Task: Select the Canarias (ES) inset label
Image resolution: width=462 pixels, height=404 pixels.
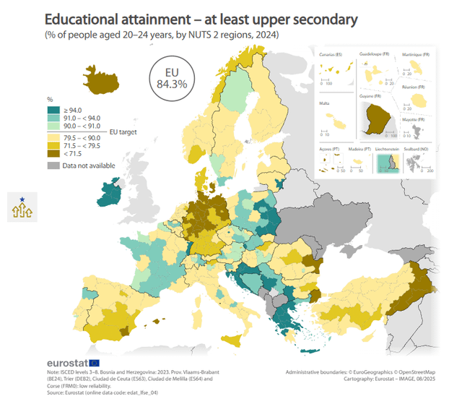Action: click(330, 54)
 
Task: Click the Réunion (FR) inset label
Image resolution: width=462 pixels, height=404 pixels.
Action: click(416, 87)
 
